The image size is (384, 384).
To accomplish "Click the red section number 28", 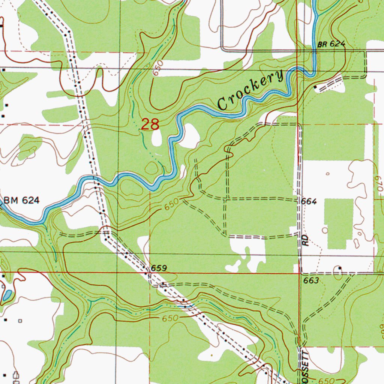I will [150, 124].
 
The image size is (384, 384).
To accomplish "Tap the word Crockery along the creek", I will [250, 90].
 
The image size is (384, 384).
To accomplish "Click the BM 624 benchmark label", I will [21, 201].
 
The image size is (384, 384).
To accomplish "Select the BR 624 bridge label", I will [331, 44].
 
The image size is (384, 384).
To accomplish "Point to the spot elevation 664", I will [309, 202].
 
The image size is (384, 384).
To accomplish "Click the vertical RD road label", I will [306, 240].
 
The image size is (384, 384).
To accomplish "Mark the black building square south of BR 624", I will [315, 87].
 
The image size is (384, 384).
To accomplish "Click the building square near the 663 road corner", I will [340, 268].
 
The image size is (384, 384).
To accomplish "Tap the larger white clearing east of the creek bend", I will [189, 136].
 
